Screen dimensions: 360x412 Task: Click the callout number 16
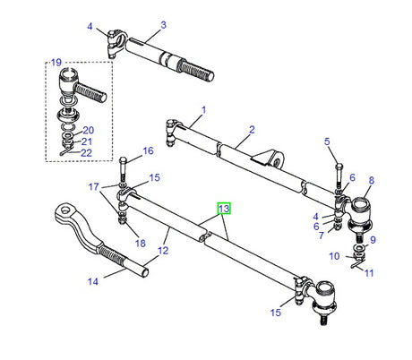[x=149, y=150]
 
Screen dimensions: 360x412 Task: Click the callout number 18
[x=139, y=243]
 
